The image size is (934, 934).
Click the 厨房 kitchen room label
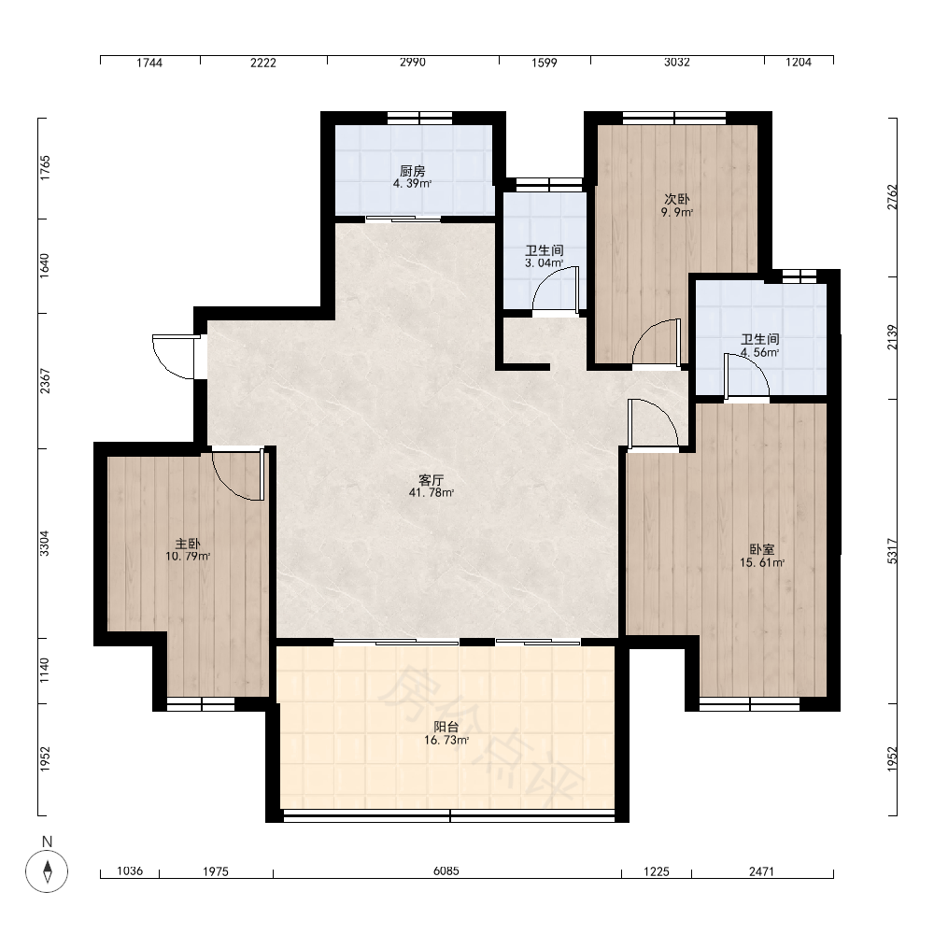[412, 171]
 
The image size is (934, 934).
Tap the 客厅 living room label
[432, 480]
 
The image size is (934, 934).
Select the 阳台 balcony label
[446, 727]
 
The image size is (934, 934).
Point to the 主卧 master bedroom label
[188, 544]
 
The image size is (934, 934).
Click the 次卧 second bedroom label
[676, 199]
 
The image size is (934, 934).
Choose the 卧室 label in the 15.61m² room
[762, 549]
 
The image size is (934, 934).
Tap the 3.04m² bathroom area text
[544, 262]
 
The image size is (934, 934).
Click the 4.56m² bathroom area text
[760, 352]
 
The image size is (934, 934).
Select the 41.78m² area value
[432, 492]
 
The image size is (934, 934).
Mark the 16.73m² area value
[446, 740]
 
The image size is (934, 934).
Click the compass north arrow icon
[47, 870]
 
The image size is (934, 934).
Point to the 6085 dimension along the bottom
[446, 870]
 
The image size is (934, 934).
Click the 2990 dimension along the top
[412, 62]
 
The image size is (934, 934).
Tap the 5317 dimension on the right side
[892, 551]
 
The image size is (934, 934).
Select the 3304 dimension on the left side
[45, 544]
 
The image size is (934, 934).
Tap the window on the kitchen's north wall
[420, 118]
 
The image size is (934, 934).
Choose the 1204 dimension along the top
[799, 62]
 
